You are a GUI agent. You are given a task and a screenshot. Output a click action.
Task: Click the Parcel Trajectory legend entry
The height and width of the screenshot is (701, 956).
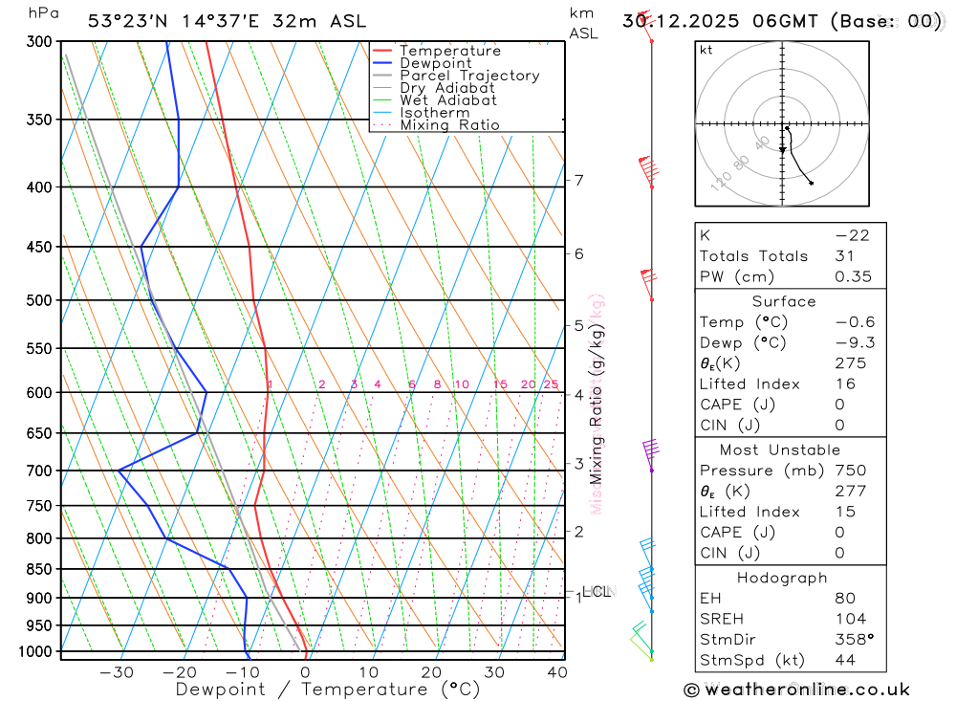[x=468, y=76]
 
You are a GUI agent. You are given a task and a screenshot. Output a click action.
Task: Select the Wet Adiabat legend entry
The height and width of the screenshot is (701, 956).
[x=447, y=100]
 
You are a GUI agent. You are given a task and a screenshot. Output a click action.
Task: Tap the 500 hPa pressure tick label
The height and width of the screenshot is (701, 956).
[x=40, y=300]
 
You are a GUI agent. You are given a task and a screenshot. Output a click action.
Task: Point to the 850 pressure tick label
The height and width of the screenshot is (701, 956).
[x=40, y=569]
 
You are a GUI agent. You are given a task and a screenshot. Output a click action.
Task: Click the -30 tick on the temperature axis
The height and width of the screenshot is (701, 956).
[x=117, y=672]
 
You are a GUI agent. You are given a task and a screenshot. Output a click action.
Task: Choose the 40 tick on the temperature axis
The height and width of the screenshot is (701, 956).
[x=556, y=672]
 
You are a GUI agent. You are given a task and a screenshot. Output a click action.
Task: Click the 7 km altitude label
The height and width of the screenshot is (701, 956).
[x=579, y=180]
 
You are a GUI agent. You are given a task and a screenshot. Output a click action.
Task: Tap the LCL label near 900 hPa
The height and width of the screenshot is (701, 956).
[x=597, y=592]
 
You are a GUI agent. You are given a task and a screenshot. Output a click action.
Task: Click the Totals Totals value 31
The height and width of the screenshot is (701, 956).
[x=822, y=256]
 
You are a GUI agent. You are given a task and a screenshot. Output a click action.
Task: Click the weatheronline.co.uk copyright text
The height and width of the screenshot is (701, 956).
[x=797, y=690]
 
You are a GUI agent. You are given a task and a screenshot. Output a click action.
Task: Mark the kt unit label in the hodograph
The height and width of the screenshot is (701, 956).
[x=706, y=51]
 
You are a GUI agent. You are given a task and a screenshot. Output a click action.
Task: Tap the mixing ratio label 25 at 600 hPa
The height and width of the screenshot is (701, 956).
[x=551, y=384]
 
